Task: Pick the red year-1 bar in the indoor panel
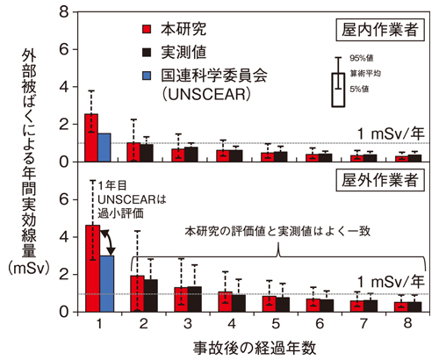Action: [x=91, y=138]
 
